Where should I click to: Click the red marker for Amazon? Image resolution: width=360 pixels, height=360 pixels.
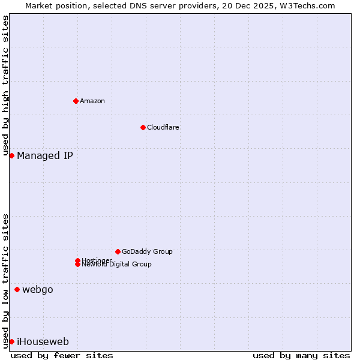(x=76, y=101)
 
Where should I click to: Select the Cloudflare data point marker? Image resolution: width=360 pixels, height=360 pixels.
(x=143, y=127)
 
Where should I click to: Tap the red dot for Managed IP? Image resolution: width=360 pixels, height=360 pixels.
(x=11, y=155)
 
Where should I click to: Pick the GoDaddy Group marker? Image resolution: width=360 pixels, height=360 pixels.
(x=118, y=251)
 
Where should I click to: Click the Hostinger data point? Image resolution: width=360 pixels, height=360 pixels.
(x=77, y=260)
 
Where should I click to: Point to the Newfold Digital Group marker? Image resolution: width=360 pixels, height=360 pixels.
(x=77, y=265)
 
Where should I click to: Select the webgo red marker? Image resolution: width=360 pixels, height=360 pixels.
(x=17, y=289)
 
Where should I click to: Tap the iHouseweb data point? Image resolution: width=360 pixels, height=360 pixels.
(x=11, y=341)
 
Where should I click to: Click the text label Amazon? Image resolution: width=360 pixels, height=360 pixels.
(x=92, y=101)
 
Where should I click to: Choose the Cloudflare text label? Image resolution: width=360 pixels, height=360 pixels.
(x=163, y=127)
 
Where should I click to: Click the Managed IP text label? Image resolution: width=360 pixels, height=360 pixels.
(x=45, y=156)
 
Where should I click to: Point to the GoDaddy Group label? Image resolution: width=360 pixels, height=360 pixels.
(x=147, y=251)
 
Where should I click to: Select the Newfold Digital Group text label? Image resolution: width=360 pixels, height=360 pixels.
(x=117, y=265)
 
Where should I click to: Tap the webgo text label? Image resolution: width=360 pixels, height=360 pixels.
(x=38, y=290)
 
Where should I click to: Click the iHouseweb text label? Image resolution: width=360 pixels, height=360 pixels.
(x=43, y=342)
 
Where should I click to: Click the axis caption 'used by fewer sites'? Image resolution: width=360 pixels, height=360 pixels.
(x=62, y=355)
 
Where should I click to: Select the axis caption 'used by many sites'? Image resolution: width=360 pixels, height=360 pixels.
(x=301, y=355)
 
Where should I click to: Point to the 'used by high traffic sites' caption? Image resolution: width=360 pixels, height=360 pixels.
(x=6, y=86)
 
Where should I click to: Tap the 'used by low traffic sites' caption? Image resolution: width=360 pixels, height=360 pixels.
(x=6, y=281)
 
